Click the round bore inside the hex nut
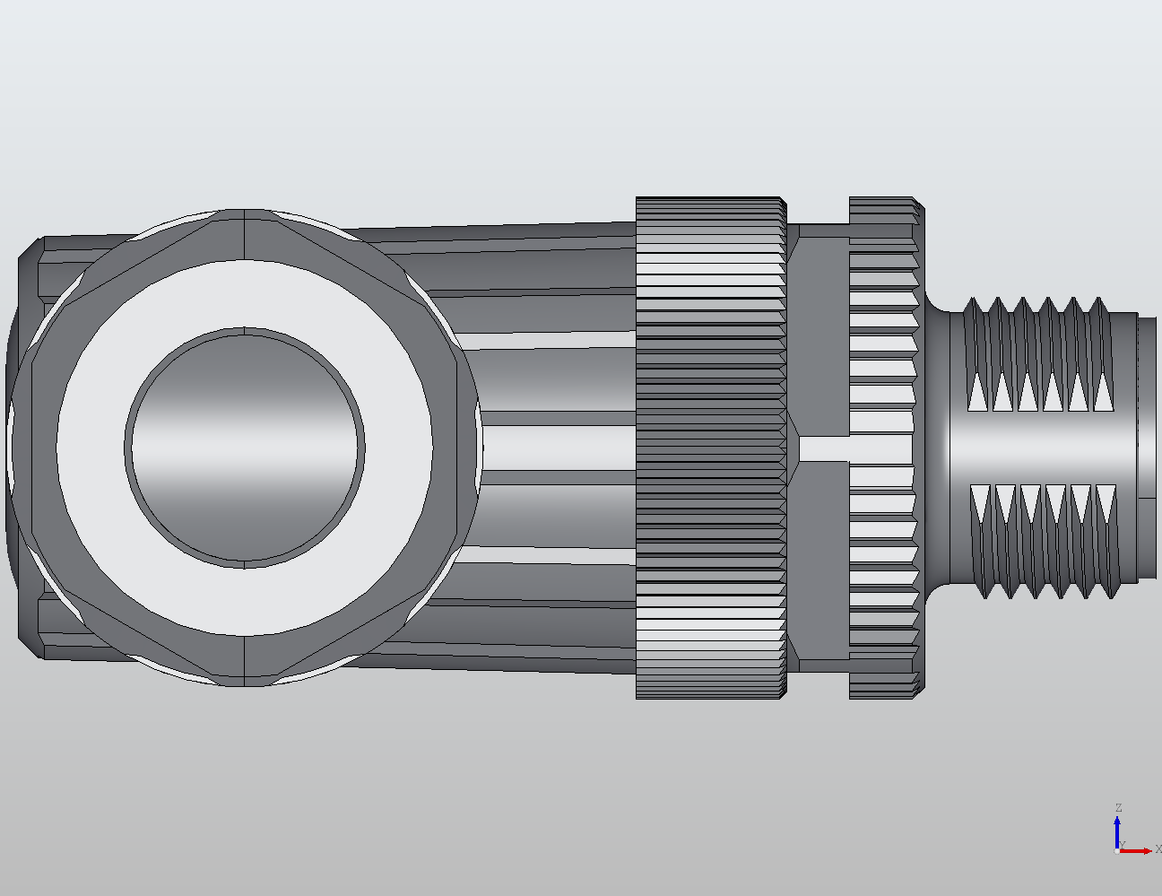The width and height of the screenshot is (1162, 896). pyautogui.click(x=245, y=448)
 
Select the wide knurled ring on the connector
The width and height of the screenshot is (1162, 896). pyautogui.click(x=710, y=448)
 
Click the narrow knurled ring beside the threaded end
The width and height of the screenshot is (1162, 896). pyautogui.click(x=884, y=448)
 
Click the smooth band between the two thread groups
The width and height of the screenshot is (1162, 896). pyautogui.click(x=1040, y=448)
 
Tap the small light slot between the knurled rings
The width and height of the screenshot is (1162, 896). pyautogui.click(x=822, y=448)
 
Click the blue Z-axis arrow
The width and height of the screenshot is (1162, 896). pyautogui.click(x=1118, y=830)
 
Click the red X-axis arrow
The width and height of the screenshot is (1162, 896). pyautogui.click(x=1139, y=850)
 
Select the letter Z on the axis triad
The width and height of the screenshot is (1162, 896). pyautogui.click(x=1118, y=808)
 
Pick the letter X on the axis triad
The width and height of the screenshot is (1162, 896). pyautogui.click(x=1158, y=848)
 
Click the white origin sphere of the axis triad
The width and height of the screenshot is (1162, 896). pyautogui.click(x=1116, y=851)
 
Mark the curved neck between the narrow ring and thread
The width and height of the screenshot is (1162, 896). pyautogui.click(x=937, y=448)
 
